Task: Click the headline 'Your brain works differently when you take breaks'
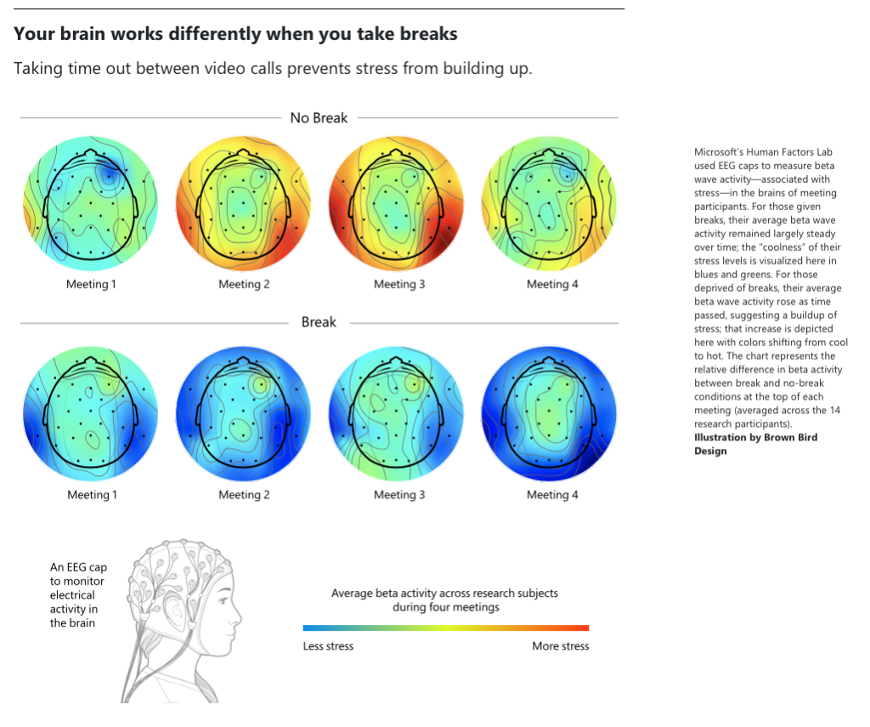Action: tap(235, 34)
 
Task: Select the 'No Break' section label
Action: tap(319, 118)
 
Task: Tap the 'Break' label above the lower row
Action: tap(319, 322)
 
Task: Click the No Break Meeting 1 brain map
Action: tap(91, 203)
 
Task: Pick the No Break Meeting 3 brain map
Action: tap(396, 203)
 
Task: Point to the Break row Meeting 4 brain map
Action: tap(549, 414)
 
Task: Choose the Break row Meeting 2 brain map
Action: tap(244, 414)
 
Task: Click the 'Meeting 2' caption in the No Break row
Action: tap(244, 284)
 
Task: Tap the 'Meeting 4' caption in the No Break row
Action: tap(552, 284)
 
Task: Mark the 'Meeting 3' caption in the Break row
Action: tap(399, 495)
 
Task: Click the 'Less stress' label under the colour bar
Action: tap(328, 646)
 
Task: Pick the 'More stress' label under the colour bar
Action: tap(560, 646)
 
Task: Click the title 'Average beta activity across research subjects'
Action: tap(444, 594)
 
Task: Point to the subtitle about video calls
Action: tap(273, 68)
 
